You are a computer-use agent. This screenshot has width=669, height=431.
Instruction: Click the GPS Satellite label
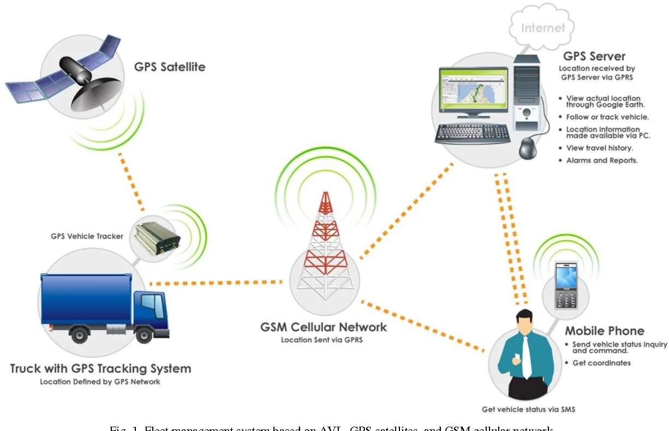(x=170, y=67)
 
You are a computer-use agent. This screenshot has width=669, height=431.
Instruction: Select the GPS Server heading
(x=594, y=56)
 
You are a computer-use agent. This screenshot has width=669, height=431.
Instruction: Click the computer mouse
(x=528, y=148)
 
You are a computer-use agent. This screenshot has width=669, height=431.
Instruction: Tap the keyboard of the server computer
(x=473, y=133)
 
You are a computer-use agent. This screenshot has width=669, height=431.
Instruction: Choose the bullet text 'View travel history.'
(x=599, y=148)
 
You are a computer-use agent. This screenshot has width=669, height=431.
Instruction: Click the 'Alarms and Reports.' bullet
(x=602, y=160)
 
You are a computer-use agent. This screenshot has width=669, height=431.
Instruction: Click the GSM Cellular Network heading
(x=323, y=327)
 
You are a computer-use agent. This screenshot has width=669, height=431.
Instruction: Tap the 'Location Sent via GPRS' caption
(x=321, y=340)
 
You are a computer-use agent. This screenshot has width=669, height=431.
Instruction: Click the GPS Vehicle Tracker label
(x=87, y=236)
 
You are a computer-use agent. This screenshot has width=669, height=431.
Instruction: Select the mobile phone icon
(x=566, y=287)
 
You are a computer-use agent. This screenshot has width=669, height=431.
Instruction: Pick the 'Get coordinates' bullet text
(x=601, y=363)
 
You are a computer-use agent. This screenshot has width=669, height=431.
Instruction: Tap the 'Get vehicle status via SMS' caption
(x=528, y=409)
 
